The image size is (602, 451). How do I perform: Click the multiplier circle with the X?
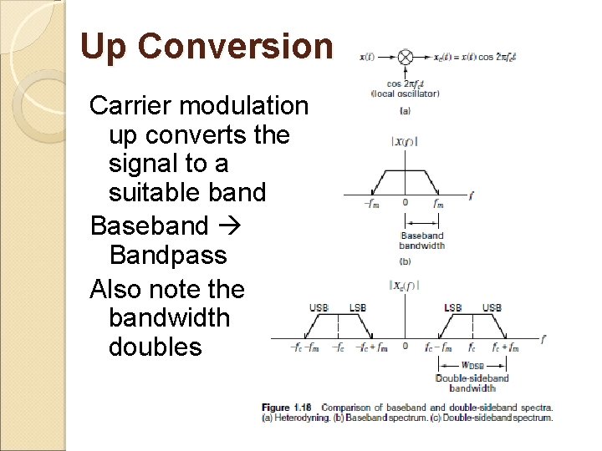(405, 58)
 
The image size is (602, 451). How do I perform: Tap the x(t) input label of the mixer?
(367, 58)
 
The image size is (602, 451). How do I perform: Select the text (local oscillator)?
(406, 94)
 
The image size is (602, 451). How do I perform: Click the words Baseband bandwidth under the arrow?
(422, 241)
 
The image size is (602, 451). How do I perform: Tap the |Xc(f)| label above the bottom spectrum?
(404, 286)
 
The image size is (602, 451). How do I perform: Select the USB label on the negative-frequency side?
(319, 308)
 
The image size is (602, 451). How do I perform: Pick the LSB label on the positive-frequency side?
(453, 308)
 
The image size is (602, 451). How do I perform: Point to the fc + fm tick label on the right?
(506, 347)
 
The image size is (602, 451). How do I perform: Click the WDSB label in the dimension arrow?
(472, 365)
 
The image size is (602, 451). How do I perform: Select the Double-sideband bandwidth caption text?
(472, 383)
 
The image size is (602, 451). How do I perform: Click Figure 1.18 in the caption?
(286, 408)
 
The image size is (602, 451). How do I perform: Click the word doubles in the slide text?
(156, 346)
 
